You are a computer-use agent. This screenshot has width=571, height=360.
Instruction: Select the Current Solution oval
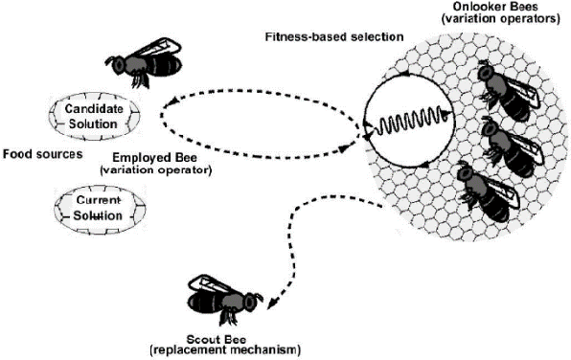pyautogui.click(x=87, y=208)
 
